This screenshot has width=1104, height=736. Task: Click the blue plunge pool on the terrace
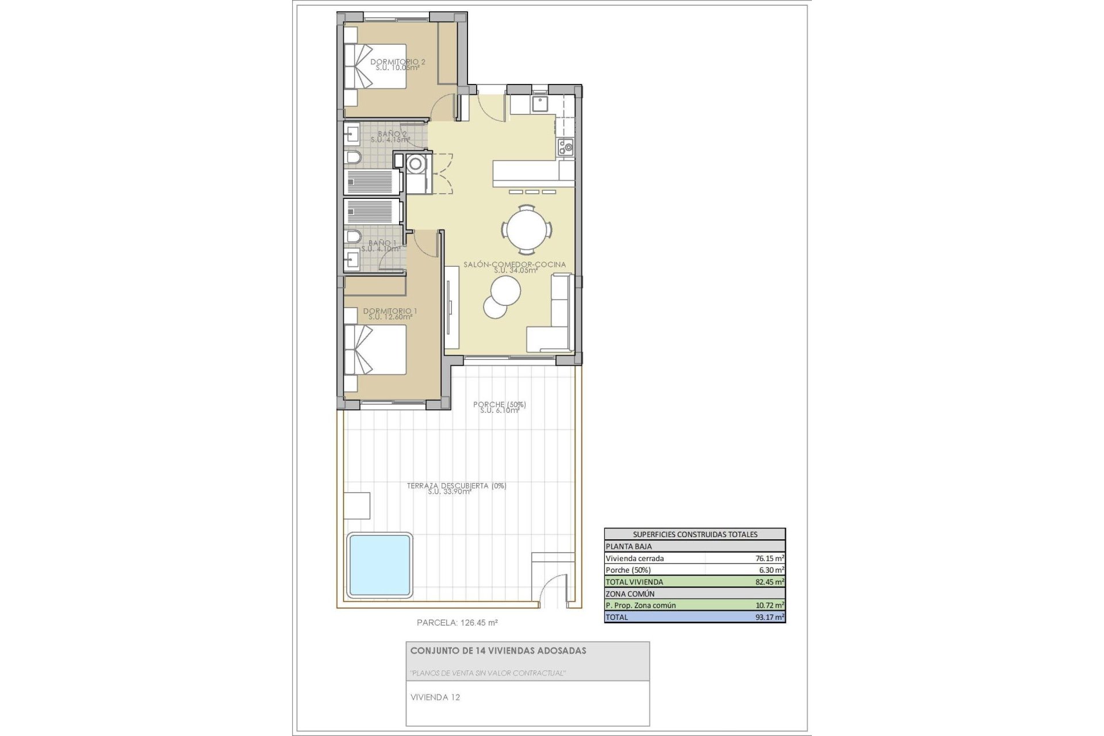[379, 564]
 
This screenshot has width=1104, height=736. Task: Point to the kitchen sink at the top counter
[539, 104]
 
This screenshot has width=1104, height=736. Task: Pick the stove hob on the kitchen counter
[565, 147]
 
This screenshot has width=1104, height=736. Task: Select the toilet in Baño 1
[352, 236]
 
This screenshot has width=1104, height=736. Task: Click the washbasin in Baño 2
[351, 135]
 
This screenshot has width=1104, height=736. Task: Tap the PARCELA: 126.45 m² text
[457, 622]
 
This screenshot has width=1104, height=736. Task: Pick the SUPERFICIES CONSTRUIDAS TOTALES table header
[695, 534]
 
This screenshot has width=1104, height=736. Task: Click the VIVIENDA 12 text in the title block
[435, 697]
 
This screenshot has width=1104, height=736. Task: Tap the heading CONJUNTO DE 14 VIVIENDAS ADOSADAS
[498, 651]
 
